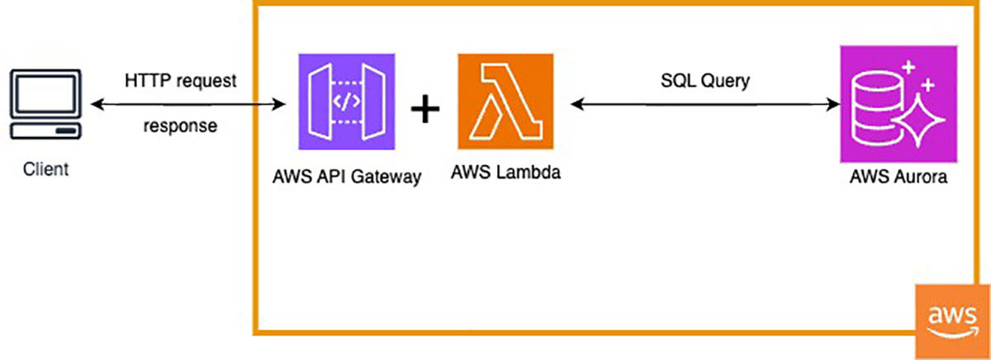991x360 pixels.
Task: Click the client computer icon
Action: (45, 106)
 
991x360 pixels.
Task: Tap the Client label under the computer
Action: (45, 171)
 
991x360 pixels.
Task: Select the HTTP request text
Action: (180, 82)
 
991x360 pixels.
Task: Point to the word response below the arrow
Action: (180, 128)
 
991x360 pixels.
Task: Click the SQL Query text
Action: (704, 82)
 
